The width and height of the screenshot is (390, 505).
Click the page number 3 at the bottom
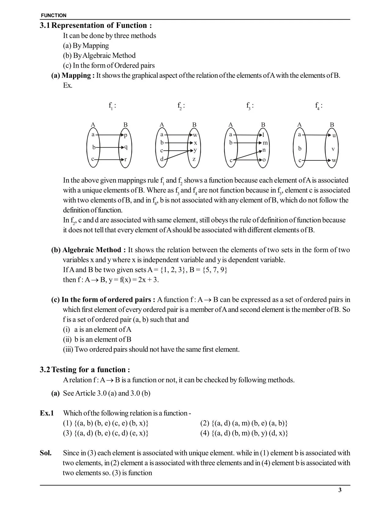coord(340,490)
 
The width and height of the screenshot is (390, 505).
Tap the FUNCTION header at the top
coord(54,15)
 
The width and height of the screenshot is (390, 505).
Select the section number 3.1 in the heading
coord(45,25)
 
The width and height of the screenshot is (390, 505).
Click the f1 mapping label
coord(112,106)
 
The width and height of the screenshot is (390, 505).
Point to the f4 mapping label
coord(318,106)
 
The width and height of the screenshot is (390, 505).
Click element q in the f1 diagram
coord(126,147)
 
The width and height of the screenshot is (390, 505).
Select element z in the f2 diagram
coord(194,159)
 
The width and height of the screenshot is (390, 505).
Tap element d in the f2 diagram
coord(162,159)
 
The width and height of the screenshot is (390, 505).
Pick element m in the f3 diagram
coord(265,143)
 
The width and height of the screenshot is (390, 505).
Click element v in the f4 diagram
coord(333,149)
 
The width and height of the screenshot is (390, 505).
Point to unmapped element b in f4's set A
coord(300,149)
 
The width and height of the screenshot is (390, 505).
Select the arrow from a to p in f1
coord(109,135)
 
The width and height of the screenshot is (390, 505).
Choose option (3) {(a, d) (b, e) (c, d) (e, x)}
coord(106,433)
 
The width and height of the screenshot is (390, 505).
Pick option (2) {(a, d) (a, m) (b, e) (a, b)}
coord(244,423)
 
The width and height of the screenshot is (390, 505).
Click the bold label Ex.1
coord(47,413)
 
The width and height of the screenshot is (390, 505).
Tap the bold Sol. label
coord(46,453)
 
